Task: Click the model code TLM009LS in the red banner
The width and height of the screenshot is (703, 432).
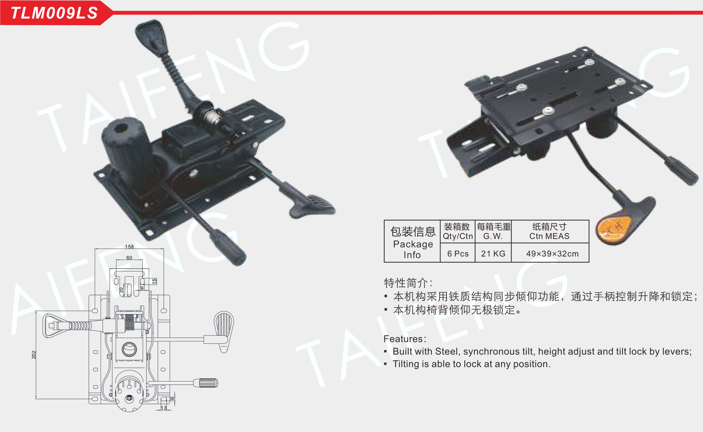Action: point(54,13)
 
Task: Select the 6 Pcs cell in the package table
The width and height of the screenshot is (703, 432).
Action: point(458,254)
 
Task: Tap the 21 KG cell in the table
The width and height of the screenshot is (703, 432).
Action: point(493,254)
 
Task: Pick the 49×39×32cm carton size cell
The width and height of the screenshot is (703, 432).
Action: point(552,254)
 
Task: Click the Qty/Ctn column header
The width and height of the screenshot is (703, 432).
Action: point(458,236)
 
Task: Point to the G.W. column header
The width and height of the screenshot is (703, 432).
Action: point(493,236)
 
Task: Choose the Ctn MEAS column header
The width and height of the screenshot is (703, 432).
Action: point(550,236)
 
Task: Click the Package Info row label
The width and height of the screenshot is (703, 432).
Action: point(413,249)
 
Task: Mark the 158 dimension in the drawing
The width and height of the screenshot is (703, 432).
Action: point(129,247)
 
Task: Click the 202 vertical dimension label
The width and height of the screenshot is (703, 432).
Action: point(34,355)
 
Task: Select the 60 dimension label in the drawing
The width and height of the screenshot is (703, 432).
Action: point(129,258)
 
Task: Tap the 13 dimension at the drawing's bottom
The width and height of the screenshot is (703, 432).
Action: point(164,408)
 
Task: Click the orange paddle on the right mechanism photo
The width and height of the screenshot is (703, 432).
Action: point(613,227)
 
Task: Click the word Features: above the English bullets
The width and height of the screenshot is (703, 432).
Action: point(405,339)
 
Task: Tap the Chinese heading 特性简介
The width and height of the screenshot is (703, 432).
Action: point(406,283)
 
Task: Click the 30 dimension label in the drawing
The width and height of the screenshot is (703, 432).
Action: point(122,290)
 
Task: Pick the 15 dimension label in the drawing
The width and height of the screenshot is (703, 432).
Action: point(154,281)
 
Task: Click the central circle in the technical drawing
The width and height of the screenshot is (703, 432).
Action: point(129,349)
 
